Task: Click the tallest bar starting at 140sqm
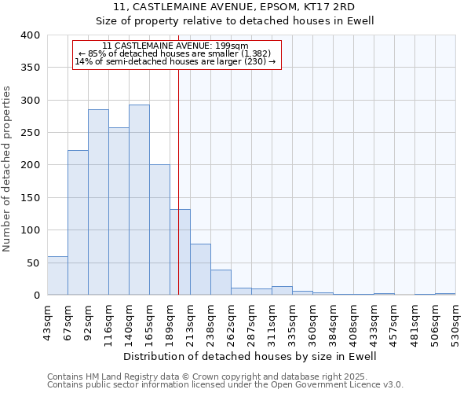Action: point(139,200)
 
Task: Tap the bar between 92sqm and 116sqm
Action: point(98,202)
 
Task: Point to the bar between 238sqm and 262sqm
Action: point(221,282)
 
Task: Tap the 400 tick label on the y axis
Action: point(31,35)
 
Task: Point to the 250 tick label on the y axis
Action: point(31,133)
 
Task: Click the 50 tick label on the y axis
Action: point(34,263)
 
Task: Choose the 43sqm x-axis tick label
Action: point(47,323)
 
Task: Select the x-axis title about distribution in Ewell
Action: point(250,357)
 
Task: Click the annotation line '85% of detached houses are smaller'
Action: point(176,53)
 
